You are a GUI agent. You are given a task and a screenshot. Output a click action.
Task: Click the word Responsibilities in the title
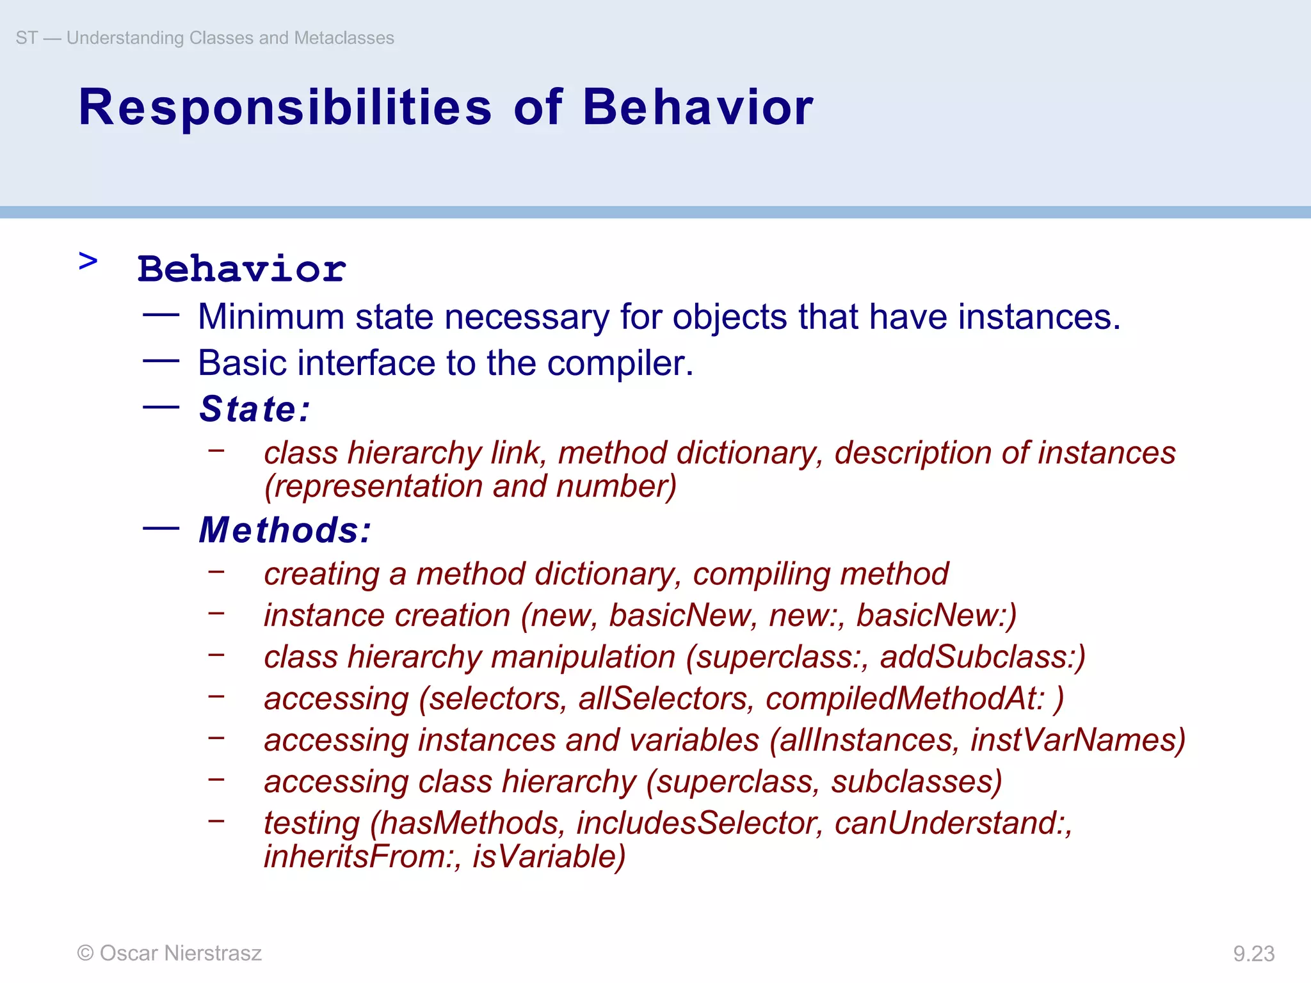point(285,108)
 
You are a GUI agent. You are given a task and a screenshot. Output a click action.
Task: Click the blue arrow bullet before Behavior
point(88,261)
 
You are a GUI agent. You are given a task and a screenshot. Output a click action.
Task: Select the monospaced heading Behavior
point(242,269)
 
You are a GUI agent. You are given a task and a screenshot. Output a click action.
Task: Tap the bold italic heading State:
point(254,409)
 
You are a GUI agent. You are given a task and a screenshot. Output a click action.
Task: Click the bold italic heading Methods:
point(284,530)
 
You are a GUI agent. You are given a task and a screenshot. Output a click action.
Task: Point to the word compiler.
point(620,364)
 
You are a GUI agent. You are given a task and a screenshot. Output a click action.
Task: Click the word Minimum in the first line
point(271,317)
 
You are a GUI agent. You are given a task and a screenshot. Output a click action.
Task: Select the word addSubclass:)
point(983,657)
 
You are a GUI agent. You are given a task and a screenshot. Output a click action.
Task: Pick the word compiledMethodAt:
point(905,699)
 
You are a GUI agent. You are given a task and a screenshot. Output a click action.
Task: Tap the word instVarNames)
point(1078,740)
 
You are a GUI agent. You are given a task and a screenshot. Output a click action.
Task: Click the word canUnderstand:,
point(953,823)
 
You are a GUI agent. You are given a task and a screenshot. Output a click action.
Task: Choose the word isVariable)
point(549,857)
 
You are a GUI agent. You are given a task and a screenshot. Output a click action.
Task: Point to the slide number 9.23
point(1253,954)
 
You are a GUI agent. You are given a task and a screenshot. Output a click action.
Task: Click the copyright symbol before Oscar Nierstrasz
point(85,953)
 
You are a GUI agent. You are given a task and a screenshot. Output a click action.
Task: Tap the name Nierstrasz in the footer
point(213,953)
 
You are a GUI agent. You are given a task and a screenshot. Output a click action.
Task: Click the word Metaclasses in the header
point(344,38)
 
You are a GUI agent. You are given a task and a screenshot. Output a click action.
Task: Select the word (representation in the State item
point(374,486)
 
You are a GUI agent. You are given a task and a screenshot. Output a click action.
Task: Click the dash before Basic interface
point(161,361)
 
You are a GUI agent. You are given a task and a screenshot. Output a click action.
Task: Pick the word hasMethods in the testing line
point(467,823)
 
